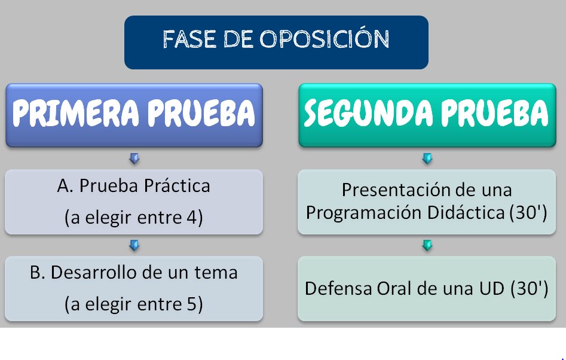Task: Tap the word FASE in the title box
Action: click(189, 39)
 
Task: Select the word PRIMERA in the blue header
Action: click(75, 112)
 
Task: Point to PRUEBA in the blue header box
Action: click(201, 112)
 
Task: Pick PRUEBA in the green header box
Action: click(494, 112)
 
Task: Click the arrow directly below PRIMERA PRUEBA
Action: click(134, 158)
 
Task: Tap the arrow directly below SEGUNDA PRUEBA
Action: click(427, 158)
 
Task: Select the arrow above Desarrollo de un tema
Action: click(134, 246)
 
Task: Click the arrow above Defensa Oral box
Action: click(427, 246)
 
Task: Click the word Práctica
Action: click(177, 186)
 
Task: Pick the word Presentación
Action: click(393, 190)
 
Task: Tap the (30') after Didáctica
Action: click(528, 212)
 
